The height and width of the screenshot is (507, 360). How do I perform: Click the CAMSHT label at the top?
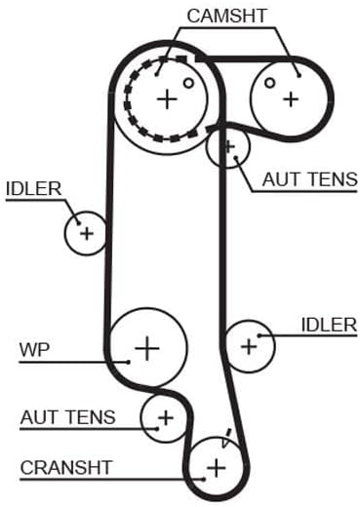[x=226, y=16]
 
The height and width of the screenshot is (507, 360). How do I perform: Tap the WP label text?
[x=34, y=350]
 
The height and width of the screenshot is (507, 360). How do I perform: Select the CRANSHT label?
[x=66, y=468]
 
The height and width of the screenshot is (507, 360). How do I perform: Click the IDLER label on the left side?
[x=34, y=189]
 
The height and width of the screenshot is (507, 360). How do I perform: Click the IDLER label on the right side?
[x=329, y=325]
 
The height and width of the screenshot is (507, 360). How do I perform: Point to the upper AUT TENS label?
[x=310, y=179]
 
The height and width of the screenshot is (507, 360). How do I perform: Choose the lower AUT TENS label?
[x=68, y=417]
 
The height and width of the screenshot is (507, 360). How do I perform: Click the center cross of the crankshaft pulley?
[x=217, y=468]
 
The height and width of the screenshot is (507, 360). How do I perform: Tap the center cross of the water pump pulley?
[x=147, y=348]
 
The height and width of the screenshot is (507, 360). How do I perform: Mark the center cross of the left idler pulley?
[x=87, y=233]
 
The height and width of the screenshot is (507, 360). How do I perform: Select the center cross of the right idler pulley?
[x=249, y=346]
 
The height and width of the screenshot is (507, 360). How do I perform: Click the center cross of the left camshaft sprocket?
[x=167, y=98]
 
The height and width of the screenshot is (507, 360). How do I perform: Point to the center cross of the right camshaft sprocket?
[x=291, y=99]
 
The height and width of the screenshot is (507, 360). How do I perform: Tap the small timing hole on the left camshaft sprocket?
[x=188, y=83]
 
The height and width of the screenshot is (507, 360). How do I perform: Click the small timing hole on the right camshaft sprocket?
[x=269, y=83]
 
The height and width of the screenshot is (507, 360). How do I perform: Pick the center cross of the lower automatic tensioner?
[x=166, y=417]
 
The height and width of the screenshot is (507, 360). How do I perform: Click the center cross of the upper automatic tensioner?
[x=229, y=147]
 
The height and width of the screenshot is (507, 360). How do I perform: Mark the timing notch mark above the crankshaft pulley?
[x=226, y=438]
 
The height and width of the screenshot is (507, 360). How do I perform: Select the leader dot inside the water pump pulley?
[x=129, y=362]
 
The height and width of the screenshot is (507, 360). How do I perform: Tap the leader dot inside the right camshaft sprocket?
[x=300, y=75]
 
